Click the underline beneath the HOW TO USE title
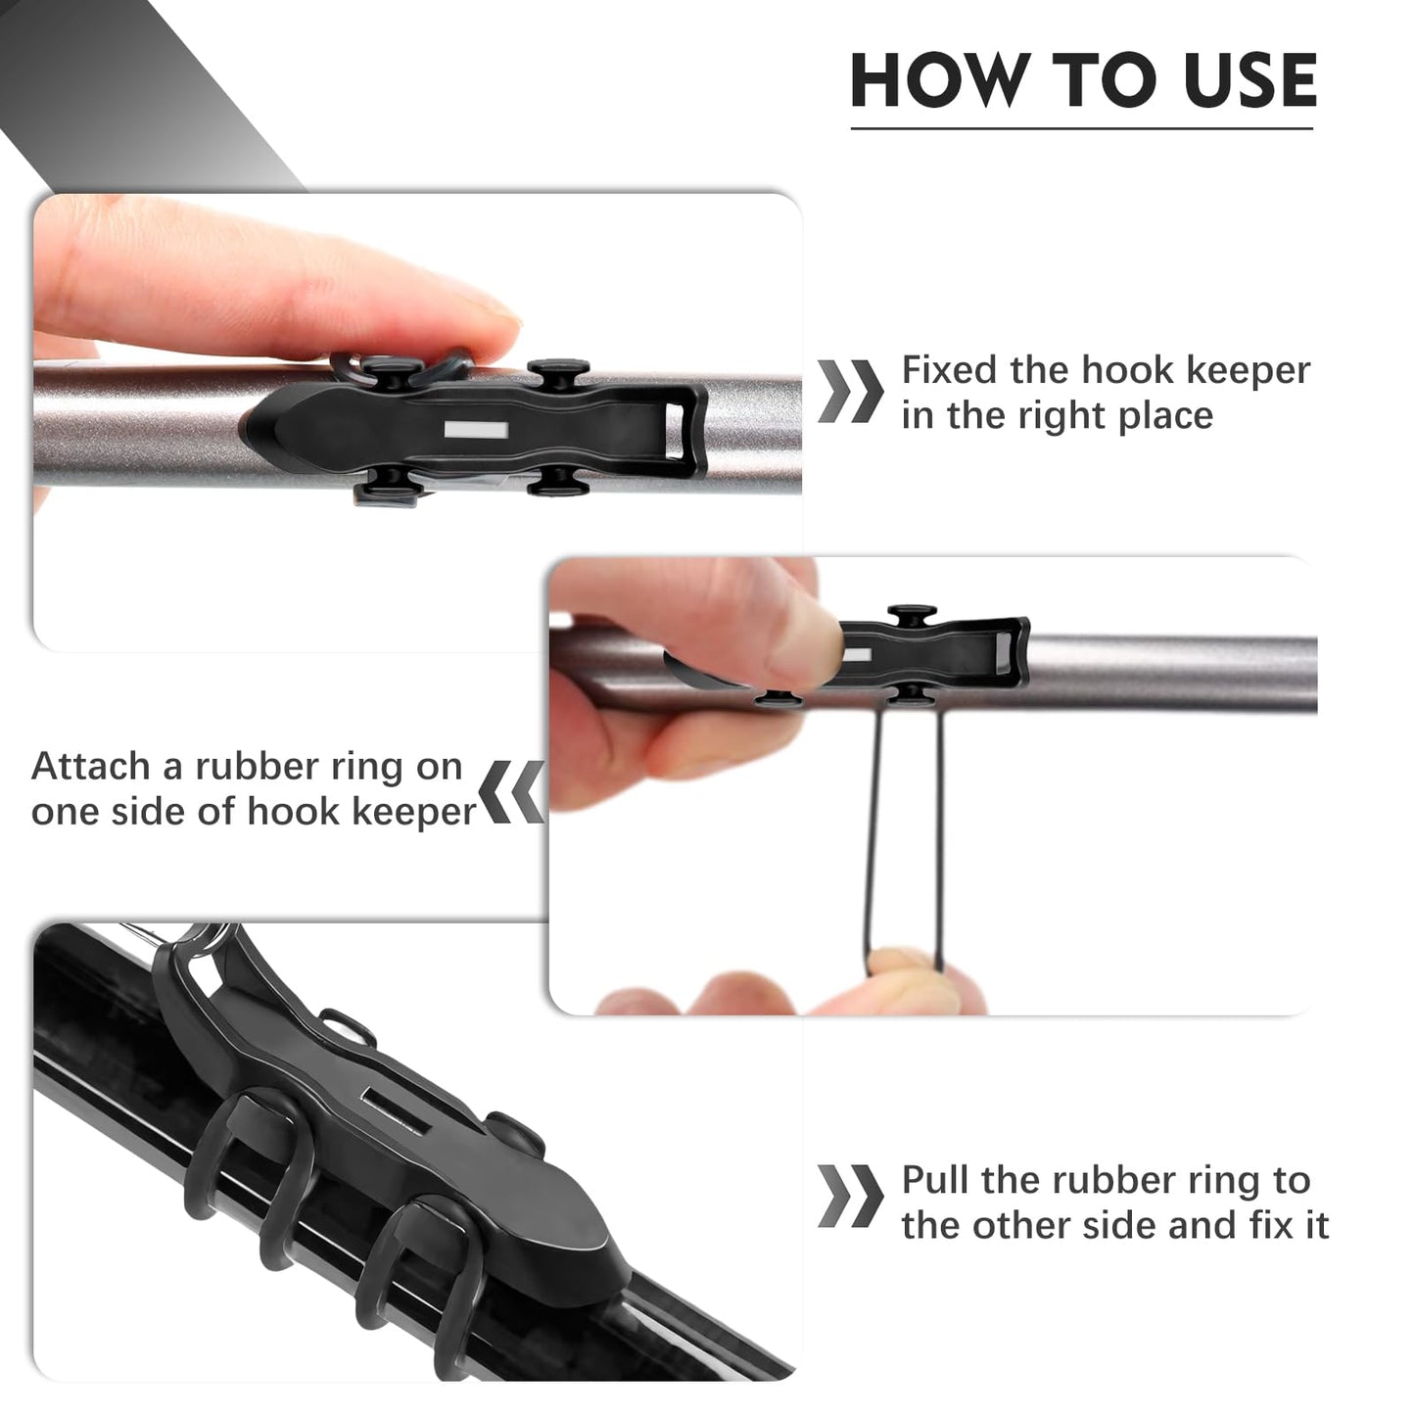point(1081,127)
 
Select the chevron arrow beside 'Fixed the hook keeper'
point(849,392)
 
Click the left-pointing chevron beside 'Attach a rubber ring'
point(512,790)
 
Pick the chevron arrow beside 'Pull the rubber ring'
point(849,1197)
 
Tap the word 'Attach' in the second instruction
point(91,766)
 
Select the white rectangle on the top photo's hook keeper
point(475,430)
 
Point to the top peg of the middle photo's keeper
point(912,614)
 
